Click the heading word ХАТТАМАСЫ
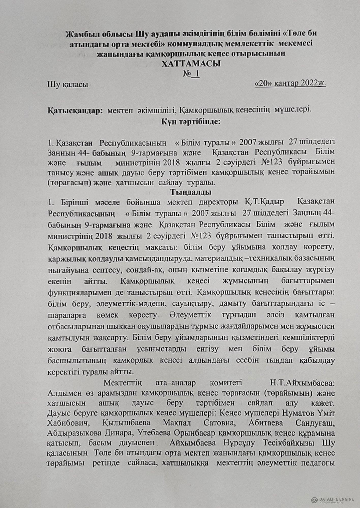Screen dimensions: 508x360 [191, 63]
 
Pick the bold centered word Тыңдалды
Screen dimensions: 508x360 [191, 192]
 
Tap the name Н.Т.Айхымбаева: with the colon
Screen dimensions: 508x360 [303, 383]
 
